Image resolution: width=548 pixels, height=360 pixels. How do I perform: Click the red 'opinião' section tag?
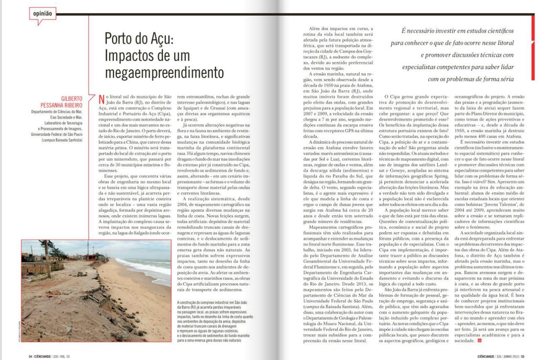41,13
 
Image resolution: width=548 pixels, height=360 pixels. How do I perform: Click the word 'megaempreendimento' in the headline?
164,72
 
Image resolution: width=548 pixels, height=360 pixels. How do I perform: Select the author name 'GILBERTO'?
72,99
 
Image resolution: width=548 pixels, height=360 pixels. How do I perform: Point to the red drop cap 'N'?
101,99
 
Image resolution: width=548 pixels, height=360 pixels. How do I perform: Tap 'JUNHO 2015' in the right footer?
510,355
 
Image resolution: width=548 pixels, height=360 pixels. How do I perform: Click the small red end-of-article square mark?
480,341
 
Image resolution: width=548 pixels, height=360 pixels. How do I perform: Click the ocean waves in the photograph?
149,269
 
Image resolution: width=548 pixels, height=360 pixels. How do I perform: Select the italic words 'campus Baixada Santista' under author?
62,140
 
